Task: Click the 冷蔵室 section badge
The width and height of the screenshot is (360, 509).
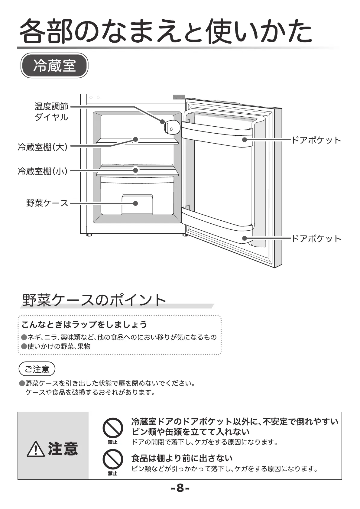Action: coord(54,65)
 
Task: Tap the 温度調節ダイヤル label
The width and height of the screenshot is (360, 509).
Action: coord(51,112)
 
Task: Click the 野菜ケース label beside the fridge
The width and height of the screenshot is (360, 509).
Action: coord(47,203)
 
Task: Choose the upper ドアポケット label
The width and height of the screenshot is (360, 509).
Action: coord(316,140)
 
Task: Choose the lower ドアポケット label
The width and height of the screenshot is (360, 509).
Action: coord(316,238)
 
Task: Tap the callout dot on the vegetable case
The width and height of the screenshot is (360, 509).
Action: coord(135,203)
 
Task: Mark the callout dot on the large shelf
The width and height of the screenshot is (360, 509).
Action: coord(135,139)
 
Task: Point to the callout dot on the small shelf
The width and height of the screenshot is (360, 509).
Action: coord(135,170)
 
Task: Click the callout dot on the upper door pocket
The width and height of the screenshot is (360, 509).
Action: coord(244,140)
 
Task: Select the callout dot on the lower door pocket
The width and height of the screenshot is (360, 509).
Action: coord(244,238)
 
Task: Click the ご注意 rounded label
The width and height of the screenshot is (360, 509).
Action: coord(37,369)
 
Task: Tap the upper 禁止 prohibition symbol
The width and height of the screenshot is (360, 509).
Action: coord(112,428)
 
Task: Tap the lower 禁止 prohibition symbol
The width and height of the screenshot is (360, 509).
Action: coord(112,459)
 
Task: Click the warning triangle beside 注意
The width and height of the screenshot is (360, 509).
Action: coord(36,449)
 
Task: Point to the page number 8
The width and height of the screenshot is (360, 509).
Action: coord(180,488)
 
